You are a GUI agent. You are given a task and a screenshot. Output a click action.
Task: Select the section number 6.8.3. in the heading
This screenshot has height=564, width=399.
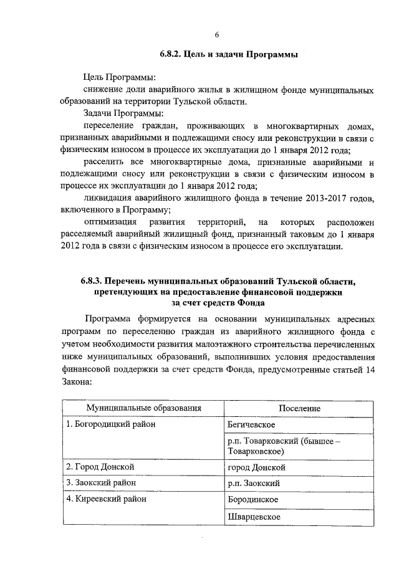[x=95, y=280]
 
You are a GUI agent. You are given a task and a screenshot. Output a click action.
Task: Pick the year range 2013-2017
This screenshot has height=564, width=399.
[x=322, y=198]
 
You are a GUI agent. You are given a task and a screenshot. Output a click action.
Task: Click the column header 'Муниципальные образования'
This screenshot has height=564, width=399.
[x=143, y=408]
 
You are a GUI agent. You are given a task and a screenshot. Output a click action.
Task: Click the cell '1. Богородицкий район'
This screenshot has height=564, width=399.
[x=111, y=424]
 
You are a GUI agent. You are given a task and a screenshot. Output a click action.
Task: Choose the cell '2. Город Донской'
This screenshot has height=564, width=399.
[x=100, y=466]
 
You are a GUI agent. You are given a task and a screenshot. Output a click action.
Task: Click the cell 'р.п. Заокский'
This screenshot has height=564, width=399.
[x=254, y=483]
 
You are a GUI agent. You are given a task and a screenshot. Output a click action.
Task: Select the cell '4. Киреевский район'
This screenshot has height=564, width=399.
[x=107, y=499]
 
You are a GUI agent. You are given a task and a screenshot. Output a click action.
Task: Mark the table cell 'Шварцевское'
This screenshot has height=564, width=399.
[x=254, y=517]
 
